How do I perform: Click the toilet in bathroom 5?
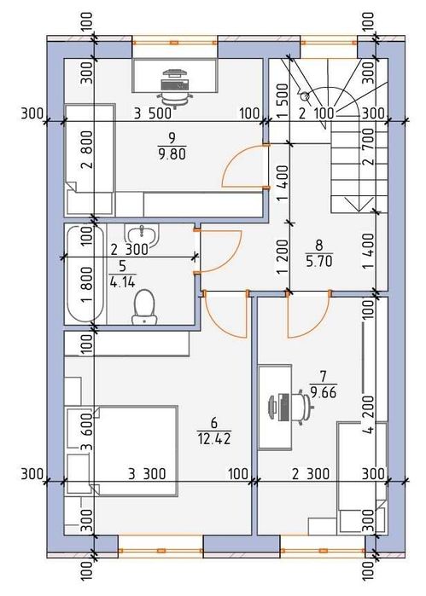click(x=144, y=307)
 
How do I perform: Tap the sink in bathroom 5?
click(x=142, y=234)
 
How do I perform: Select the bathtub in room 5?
click(x=85, y=274)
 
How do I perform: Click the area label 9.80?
click(x=172, y=153)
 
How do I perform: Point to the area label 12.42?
click(x=214, y=438)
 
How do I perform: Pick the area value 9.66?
click(x=324, y=392)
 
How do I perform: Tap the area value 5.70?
click(x=319, y=261)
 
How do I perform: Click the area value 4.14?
click(x=122, y=282)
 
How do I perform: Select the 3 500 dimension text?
click(x=152, y=113)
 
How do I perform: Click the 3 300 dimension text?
click(x=147, y=474)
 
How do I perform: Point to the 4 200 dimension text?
click(x=369, y=415)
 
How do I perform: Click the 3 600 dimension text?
click(x=87, y=431)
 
